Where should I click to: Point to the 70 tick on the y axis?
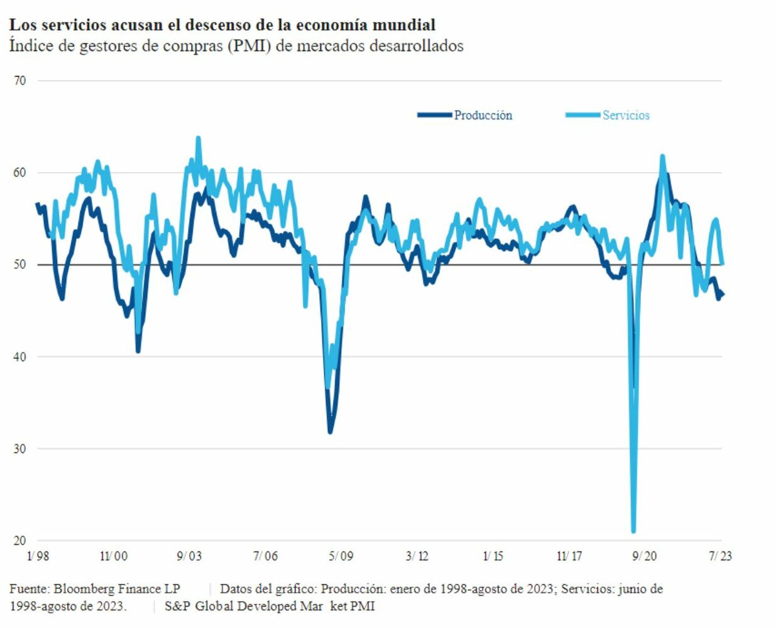click(19, 80)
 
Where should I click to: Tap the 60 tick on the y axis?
click(19, 173)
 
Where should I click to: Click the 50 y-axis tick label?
click(19, 264)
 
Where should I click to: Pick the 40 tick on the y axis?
click(19, 357)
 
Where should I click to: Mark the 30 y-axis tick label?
click(19, 448)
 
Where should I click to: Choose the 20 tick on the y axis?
click(19, 541)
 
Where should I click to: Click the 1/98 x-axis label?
click(38, 556)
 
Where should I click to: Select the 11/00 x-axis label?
click(114, 556)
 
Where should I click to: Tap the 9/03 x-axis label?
click(189, 556)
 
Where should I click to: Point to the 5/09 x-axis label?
click(341, 556)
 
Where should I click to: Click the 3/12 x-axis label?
click(417, 556)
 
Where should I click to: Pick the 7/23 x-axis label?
click(720, 556)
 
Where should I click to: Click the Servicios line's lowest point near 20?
click(633, 531)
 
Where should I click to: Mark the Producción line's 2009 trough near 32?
click(330, 431)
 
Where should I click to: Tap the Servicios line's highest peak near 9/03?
click(198, 138)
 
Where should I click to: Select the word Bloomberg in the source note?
click(84, 589)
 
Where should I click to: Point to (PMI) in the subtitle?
click(249, 46)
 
